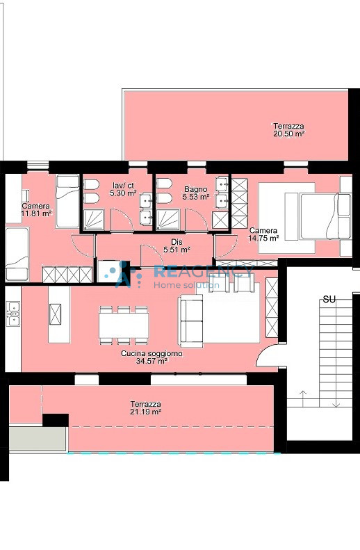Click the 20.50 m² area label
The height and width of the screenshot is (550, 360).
click(288, 134)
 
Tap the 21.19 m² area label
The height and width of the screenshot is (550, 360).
click(146, 412)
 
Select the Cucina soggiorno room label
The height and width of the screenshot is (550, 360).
click(152, 354)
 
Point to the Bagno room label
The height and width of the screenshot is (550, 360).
click(196, 189)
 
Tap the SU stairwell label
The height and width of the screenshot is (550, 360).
click(329, 300)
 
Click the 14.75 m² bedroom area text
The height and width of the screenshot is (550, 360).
click(264, 238)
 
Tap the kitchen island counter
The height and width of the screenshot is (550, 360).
click(58, 314)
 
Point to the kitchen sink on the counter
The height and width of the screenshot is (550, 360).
click(13, 318)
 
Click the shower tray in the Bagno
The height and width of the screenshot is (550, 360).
click(168, 220)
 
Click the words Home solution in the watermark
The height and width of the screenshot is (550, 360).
click(186, 285)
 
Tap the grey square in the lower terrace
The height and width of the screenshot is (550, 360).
click(38, 439)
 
